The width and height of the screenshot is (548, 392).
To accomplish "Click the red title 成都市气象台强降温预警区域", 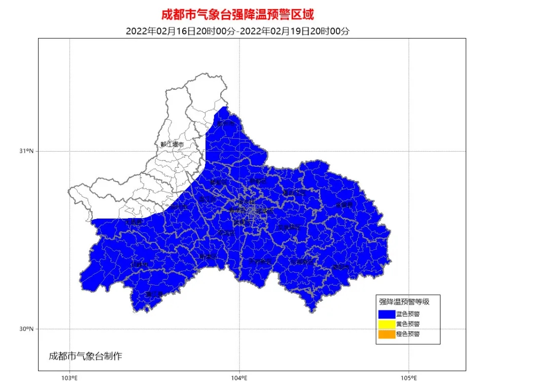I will [238, 14].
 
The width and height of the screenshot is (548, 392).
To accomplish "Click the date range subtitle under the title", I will [238, 31].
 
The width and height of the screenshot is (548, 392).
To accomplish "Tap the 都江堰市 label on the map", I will [172, 144].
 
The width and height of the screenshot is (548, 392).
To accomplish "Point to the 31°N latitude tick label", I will [26, 151].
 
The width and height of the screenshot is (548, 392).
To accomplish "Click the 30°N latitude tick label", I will [26, 329].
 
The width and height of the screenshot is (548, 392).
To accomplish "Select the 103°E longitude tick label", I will [70, 378].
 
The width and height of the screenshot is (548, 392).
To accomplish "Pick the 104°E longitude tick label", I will [239, 378].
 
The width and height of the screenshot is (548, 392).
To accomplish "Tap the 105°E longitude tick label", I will [408, 378].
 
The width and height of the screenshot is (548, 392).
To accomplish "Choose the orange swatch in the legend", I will [386, 334].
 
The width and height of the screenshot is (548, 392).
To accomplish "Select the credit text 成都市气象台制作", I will [85, 356].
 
